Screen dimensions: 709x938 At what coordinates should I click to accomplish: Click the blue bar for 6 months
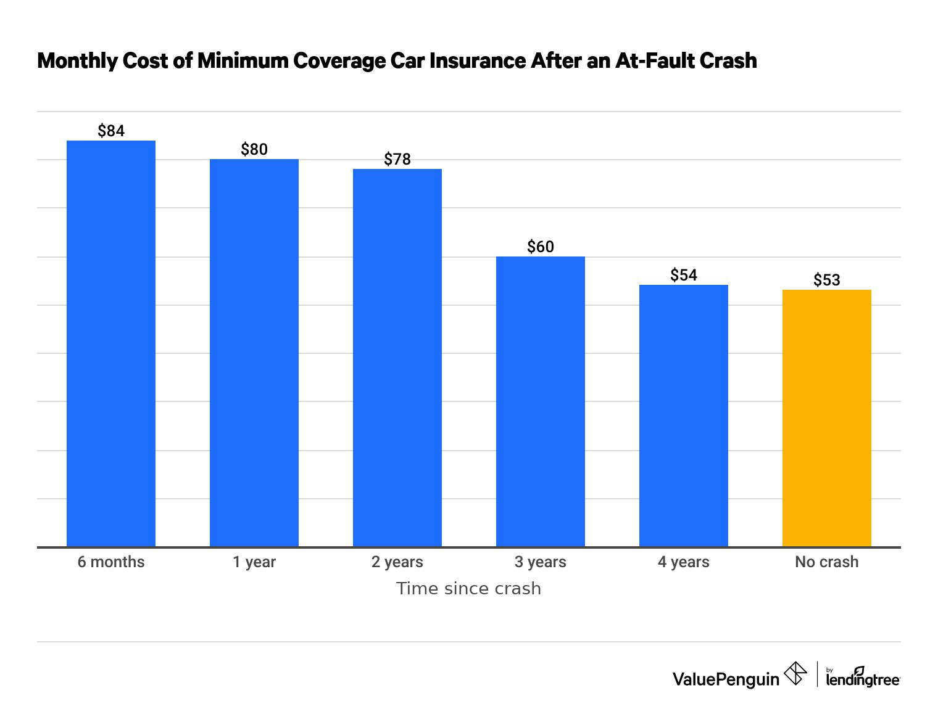coord(111,343)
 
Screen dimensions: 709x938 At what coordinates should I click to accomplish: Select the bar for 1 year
coord(254,353)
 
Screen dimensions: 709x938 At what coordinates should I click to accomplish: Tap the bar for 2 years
coord(397,358)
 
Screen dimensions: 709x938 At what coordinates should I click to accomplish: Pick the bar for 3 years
coord(541,401)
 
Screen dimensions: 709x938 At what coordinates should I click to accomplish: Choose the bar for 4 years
coord(684,416)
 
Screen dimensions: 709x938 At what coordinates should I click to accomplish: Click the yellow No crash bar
coord(827,418)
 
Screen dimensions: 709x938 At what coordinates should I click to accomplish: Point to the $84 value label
coord(111,131)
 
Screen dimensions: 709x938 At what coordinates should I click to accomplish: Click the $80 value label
coord(254,149)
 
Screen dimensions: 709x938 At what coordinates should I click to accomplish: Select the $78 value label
coord(397,159)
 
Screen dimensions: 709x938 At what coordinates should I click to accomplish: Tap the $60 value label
coord(541,247)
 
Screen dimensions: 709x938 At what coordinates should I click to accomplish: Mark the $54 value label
coord(684,275)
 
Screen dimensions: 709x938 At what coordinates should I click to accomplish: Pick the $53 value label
coord(827,280)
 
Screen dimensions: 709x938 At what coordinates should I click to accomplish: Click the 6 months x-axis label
coord(111,562)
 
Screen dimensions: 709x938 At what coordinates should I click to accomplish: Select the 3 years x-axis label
coord(541,562)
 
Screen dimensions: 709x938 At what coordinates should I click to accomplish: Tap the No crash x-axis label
coord(827,562)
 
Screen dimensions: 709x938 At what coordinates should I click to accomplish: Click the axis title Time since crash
coord(468,588)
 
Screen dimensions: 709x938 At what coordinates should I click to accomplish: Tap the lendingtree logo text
coord(863,679)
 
